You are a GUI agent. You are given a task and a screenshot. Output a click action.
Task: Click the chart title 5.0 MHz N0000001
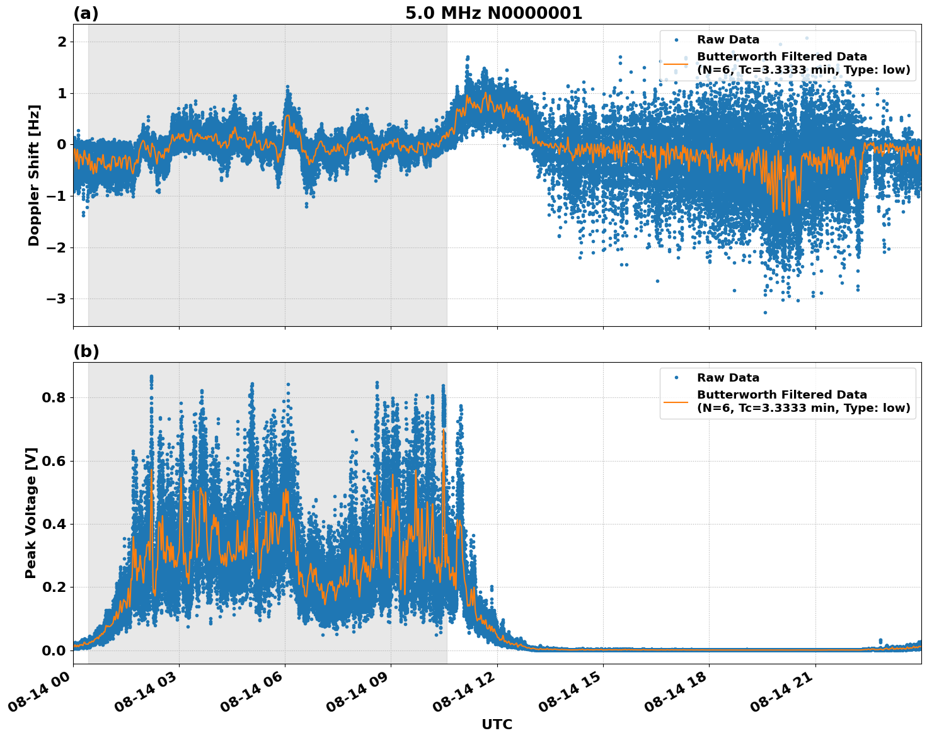(493, 13)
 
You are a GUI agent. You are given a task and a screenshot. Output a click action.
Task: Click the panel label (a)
(86, 13)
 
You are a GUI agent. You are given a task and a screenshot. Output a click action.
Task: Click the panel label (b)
(86, 351)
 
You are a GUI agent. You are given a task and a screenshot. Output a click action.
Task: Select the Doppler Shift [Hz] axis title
(34, 175)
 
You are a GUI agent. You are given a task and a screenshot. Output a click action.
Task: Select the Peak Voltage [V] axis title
(31, 513)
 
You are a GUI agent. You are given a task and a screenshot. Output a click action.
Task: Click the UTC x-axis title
(497, 724)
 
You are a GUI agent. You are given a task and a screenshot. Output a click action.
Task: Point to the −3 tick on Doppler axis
(57, 298)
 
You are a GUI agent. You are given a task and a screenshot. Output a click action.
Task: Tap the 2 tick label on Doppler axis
(62, 42)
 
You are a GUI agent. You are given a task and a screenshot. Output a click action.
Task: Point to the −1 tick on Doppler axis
(57, 196)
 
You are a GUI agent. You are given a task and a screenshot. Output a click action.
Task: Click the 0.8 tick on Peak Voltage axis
(54, 397)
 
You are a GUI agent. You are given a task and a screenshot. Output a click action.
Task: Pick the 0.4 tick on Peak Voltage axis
(54, 524)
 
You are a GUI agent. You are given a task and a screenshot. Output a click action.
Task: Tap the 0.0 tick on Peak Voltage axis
(54, 650)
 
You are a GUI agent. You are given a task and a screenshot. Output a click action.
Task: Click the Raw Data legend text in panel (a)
(728, 40)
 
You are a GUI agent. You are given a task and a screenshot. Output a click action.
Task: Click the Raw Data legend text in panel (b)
(728, 378)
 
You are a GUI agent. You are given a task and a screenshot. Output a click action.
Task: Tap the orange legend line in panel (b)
(676, 401)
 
